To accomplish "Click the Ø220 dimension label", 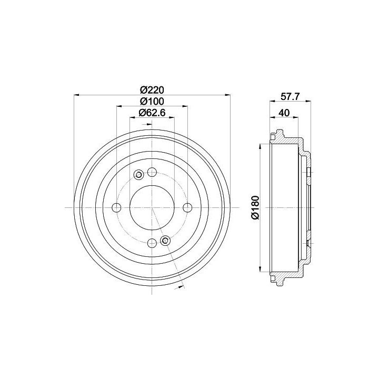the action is pos(152,90).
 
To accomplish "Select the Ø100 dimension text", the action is pos(152,101).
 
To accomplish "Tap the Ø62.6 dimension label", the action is pos(152,113).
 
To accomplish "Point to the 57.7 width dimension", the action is pos(290,97).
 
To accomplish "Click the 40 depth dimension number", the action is pos(284,113).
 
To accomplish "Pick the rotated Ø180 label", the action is pos(255,207).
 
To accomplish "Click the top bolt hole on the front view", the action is pos(152,172).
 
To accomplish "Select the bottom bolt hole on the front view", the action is pos(152,243).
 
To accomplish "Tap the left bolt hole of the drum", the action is pos(117,207).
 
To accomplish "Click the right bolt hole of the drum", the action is pos(187,207).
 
